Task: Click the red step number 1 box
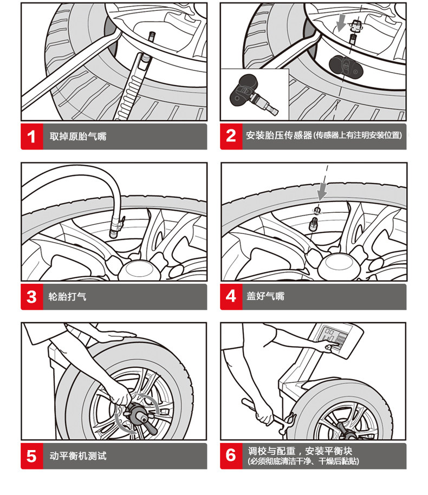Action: tap(32, 136)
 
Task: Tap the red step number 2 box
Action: tap(231, 136)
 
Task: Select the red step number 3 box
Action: tap(32, 297)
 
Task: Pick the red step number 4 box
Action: tap(231, 297)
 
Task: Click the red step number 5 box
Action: tap(32, 456)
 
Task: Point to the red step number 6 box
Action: tap(231, 456)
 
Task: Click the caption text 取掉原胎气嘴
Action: tap(78, 136)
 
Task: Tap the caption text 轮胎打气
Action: tap(67, 297)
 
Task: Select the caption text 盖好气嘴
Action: tap(265, 296)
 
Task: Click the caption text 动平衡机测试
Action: tap(78, 456)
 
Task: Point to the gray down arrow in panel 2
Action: tap(341, 23)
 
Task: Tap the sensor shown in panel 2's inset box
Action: tap(252, 94)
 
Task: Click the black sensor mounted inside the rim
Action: tap(346, 67)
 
